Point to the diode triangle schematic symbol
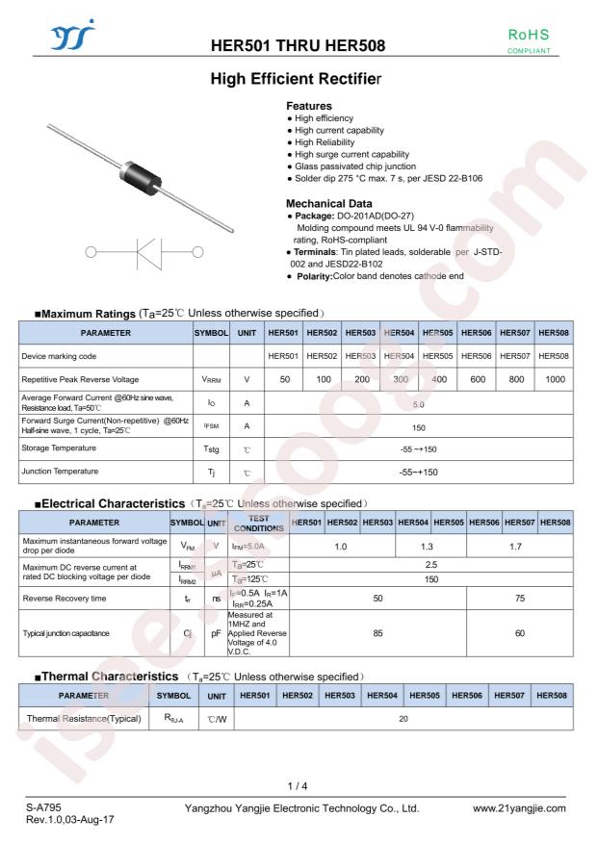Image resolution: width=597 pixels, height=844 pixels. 125,253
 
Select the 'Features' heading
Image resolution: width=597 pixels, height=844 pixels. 308,106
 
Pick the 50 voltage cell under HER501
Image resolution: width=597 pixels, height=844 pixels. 283,381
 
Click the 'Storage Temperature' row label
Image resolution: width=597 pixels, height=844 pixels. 68,448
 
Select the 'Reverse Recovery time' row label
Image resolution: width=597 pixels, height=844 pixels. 72,597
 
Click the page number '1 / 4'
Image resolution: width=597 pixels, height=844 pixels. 298,788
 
